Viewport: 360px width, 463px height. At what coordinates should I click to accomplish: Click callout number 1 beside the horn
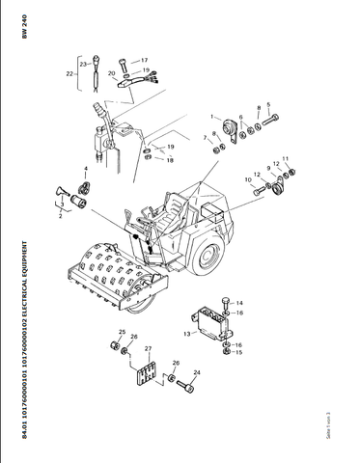[213, 117]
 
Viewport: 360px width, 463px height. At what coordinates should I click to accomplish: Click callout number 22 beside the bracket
[68, 72]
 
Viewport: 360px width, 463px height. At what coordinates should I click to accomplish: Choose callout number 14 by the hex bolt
[239, 302]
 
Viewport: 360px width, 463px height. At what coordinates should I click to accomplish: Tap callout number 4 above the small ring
[85, 170]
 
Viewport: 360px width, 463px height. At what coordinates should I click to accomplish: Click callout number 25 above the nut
[122, 332]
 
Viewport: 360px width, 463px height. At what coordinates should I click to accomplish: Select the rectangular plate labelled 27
[148, 375]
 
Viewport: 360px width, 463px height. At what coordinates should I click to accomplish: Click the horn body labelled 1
[231, 129]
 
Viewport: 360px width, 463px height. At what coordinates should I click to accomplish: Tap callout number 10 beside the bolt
[248, 180]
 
